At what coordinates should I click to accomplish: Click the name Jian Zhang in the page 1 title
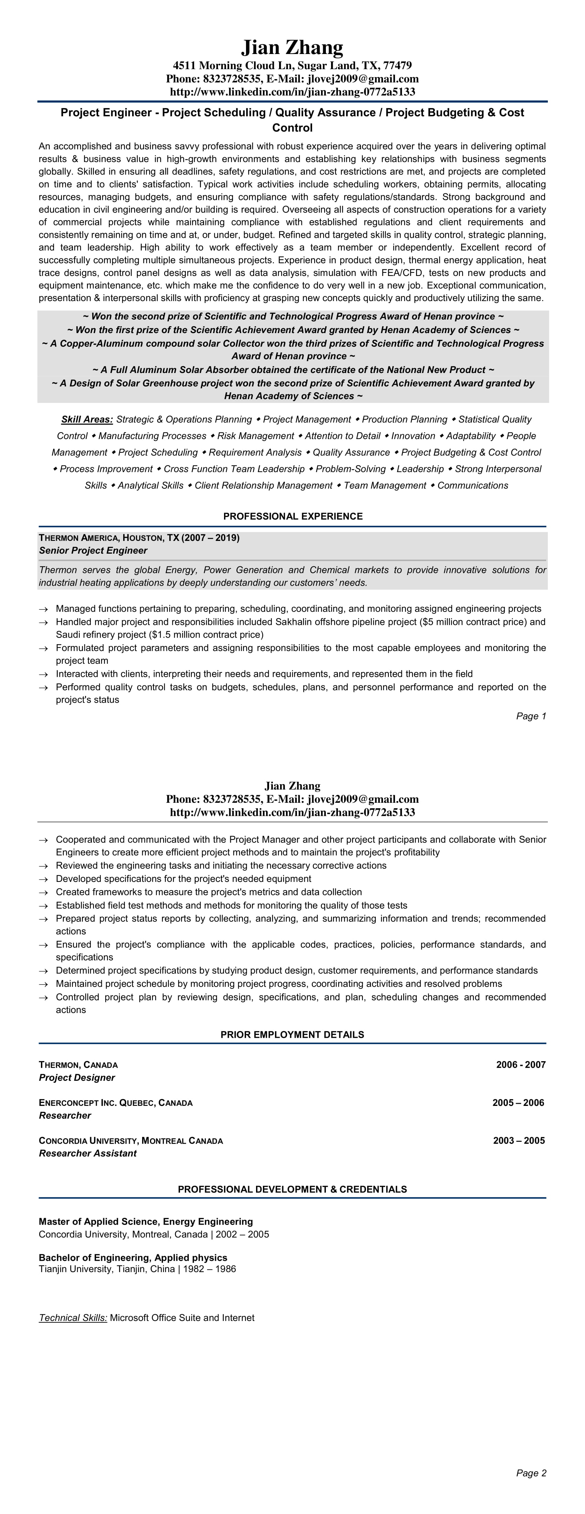click(292, 47)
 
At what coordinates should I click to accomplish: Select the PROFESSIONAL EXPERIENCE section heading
click(293, 516)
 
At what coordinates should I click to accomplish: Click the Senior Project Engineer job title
click(93, 551)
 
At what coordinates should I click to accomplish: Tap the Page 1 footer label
click(531, 716)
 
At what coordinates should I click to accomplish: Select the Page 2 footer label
click(531, 1473)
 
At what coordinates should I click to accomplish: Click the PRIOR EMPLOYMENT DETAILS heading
click(292, 1034)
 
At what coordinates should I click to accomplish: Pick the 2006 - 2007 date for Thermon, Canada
click(520, 1064)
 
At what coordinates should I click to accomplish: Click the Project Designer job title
click(77, 1077)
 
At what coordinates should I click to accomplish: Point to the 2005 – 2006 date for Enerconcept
click(518, 1102)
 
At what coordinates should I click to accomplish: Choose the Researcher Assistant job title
click(88, 1153)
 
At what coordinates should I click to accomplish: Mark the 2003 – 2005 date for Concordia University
click(519, 1140)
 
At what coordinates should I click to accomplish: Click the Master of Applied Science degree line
click(146, 1221)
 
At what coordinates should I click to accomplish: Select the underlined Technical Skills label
click(73, 1318)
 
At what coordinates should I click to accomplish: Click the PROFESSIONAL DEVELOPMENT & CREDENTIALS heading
click(292, 1189)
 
